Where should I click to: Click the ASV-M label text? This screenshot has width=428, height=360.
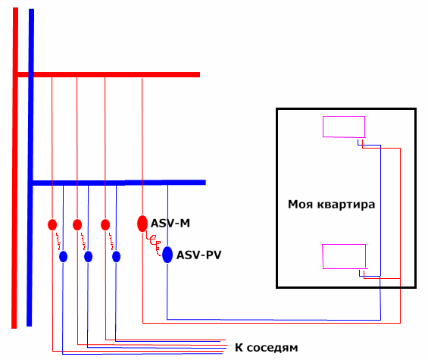click(170, 224)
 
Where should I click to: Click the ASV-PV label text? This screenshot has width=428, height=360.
click(198, 255)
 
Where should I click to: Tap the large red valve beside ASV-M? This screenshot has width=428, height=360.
click(142, 224)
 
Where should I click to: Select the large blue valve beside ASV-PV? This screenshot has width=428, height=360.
click(167, 255)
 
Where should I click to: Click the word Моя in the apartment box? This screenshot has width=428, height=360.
click(300, 205)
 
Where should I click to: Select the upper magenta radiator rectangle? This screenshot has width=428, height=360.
click(344, 117)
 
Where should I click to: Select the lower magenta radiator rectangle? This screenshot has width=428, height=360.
click(344, 245)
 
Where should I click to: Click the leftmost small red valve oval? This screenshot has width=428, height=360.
click(52, 225)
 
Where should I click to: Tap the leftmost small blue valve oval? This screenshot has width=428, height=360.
click(63, 256)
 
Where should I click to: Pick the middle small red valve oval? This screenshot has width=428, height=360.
click(77, 225)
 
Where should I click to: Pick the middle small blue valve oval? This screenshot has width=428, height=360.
click(88, 256)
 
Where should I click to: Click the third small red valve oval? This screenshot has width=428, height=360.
click(105, 225)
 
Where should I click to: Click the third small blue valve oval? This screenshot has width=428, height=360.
click(117, 256)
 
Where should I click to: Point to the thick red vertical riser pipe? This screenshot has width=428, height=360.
click(14, 168)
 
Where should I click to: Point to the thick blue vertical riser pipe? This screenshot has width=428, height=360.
click(30, 167)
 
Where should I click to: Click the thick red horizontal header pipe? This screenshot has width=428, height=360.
click(108, 74)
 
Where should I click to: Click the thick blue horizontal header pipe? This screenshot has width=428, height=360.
click(119, 183)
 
